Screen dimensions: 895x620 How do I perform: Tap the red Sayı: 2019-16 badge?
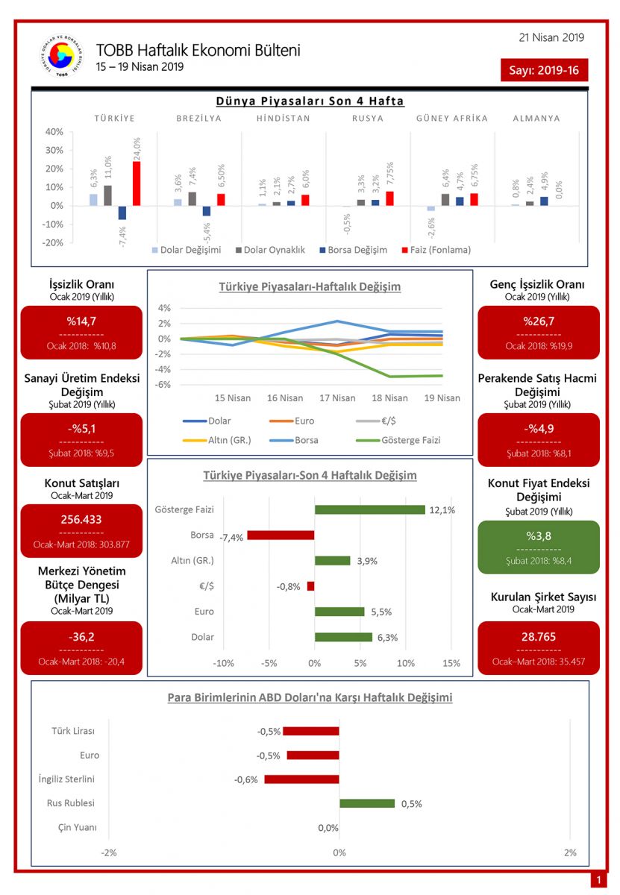(x=545, y=70)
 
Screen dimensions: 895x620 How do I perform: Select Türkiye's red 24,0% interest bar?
(x=137, y=183)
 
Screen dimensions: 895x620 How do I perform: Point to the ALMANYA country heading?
(x=536, y=118)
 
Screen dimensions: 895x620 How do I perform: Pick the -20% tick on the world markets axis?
(x=53, y=243)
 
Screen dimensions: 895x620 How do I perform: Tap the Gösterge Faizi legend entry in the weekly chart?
(x=404, y=440)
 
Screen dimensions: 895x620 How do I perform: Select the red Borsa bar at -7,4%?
(x=281, y=535)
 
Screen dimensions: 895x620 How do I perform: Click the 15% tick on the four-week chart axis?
(x=451, y=663)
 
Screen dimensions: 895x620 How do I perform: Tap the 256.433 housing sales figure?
(x=81, y=520)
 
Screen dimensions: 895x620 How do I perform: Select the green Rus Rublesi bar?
(x=367, y=803)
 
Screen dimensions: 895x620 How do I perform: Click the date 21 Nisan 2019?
(x=551, y=37)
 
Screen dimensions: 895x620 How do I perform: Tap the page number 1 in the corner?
(x=598, y=881)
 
